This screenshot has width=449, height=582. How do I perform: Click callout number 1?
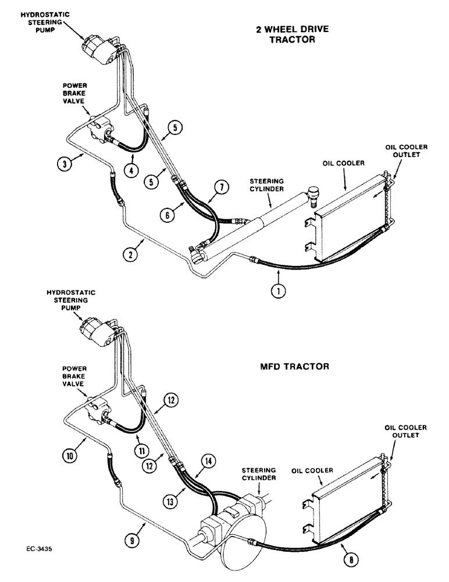coord(279,292)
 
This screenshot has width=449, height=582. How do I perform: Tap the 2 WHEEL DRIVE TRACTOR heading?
coord(285,34)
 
